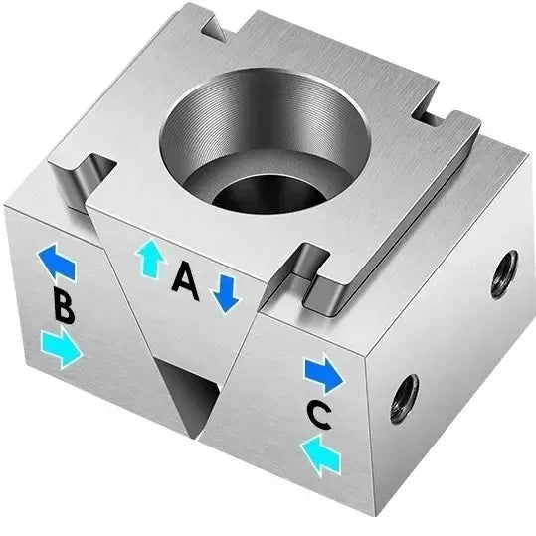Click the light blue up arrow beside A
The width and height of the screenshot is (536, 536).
[x=150, y=259]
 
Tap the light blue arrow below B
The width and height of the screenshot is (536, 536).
[x=62, y=348]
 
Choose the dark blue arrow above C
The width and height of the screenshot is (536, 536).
[x=323, y=375]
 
